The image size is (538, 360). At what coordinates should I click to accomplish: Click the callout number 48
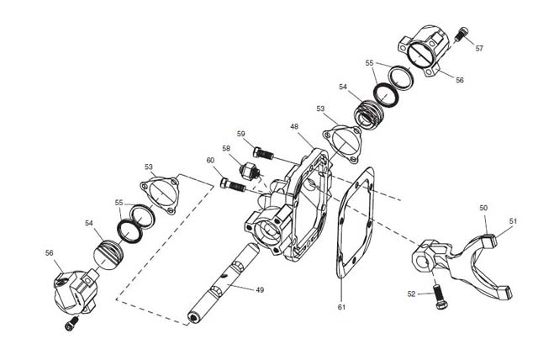294,127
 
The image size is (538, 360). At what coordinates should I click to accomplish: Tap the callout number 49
260,290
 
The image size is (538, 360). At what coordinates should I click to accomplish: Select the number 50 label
483,208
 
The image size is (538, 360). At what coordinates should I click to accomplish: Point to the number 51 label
513,221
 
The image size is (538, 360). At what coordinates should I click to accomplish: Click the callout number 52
411,294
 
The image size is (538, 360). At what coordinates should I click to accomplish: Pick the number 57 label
479,49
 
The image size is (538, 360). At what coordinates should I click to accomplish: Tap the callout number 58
226,149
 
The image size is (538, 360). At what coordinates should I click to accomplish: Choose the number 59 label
241,134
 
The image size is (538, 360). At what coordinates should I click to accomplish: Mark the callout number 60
210,161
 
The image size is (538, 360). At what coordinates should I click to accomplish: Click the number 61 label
341,307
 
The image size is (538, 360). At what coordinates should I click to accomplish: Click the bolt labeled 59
263,153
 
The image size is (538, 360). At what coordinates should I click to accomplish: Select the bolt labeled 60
233,185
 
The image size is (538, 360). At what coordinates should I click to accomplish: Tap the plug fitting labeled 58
250,172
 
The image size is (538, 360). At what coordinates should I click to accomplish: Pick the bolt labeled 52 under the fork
439,295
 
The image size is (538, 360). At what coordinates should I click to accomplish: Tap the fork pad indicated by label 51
490,240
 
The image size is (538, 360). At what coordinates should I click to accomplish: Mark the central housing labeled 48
289,206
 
